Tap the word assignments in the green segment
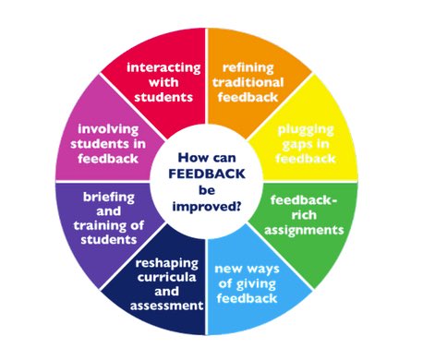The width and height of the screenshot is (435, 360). pos(309,228)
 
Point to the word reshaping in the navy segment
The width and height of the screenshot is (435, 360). pos(166,274)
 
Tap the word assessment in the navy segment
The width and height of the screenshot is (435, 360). pos(165,305)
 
